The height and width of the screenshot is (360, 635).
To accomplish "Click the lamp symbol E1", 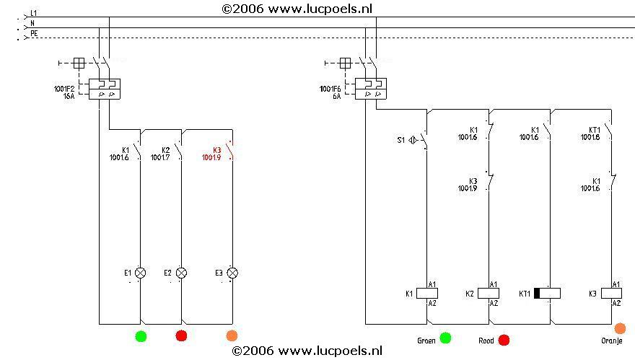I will coord(141,273).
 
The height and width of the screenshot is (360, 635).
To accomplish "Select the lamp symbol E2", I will coord(182,273).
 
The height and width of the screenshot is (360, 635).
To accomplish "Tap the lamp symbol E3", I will coord(232,273).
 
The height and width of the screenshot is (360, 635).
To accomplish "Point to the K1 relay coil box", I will coord(428,293).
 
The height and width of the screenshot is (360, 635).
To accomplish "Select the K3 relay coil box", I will coord(612,293).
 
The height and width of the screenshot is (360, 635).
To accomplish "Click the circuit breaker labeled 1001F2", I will coord(104,89).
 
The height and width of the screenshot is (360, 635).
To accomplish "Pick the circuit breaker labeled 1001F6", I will coord(371,89).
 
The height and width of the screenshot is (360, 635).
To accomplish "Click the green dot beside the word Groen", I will coord(446,338).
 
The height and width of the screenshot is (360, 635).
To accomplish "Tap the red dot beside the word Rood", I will coord(504,340).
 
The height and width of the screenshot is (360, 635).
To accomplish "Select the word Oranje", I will coord(612,341).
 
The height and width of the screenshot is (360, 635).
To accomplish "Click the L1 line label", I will coord(34,14).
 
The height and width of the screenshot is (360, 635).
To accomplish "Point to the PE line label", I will coord(34,33).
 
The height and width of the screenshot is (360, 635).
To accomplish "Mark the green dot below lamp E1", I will coord(141,335).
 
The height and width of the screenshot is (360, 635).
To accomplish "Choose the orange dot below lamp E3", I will coord(232,335).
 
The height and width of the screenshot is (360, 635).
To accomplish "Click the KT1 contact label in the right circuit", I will coord(595,131).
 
